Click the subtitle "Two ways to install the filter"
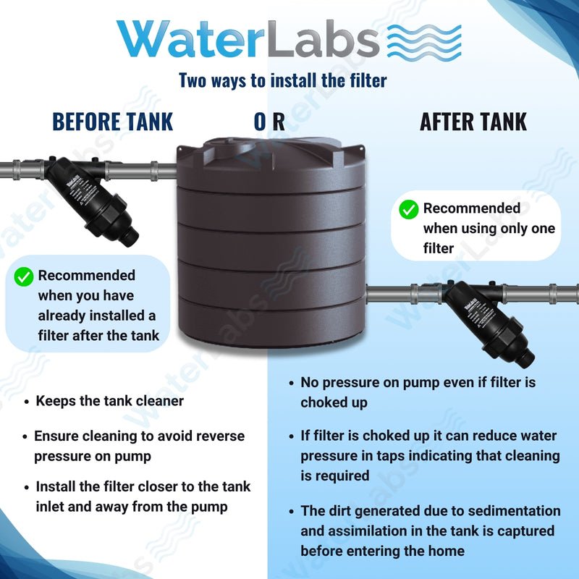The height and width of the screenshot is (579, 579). pos(283,80)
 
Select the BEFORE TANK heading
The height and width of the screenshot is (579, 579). pos(113,122)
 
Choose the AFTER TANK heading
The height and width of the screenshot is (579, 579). pos(473,122)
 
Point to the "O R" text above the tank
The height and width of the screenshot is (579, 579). pos(269,122)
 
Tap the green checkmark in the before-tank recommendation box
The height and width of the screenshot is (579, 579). pos(25,276)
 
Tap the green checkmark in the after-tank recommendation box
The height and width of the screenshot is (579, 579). pos(409,210)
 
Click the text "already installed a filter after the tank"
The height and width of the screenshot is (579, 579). pos(96,325)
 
